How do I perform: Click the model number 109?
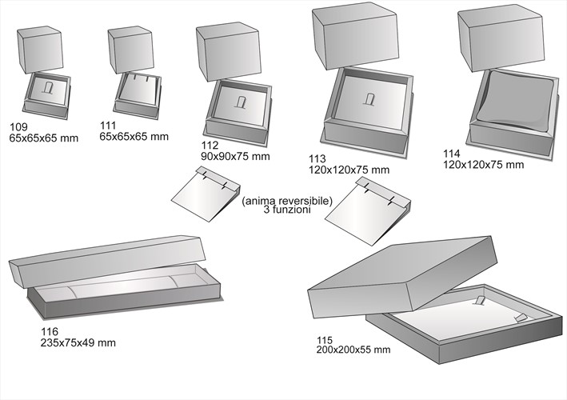coord(18,127)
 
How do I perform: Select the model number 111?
coord(109,126)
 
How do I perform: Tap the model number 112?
coord(210,146)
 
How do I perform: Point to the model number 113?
coord(317,158)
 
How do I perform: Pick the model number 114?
coord(452,154)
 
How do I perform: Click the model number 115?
coord(325,339)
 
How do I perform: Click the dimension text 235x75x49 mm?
coord(78,342)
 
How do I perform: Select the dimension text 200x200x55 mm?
coord(353,350)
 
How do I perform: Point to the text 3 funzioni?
coord(286,210)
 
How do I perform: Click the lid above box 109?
coord(40,50)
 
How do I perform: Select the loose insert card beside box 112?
coord(204,196)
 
